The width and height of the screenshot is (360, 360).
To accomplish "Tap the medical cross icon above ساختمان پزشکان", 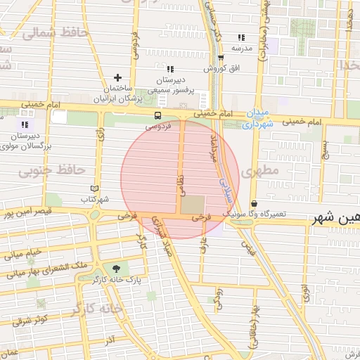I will (117, 77).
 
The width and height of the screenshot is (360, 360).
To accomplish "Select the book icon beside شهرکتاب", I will (95, 188).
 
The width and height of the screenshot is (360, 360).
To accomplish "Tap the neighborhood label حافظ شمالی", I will (55, 32).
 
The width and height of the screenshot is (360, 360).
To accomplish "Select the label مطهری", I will (259, 171).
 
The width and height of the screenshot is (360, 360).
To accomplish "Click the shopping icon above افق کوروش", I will (221, 58).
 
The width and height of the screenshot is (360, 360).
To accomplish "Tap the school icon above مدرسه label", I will (241, 37).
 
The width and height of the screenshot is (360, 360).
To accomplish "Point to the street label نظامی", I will (179, 186).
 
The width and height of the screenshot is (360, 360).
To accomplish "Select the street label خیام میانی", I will (24, 252).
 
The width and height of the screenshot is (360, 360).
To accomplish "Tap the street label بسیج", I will (325, 149).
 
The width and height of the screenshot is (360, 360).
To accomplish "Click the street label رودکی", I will (218, 300).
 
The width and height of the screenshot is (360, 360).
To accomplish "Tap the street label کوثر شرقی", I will (30, 320).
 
